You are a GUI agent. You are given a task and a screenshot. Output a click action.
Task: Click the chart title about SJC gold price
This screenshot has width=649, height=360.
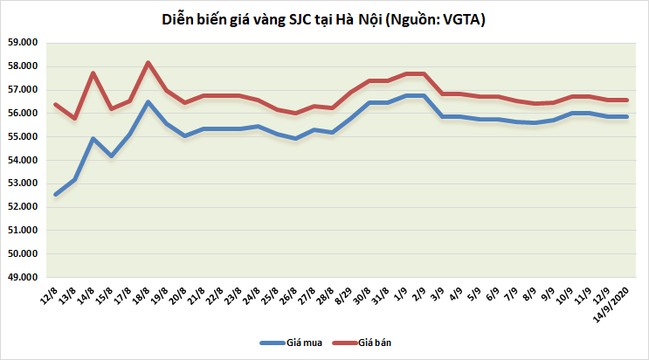pos(323,18)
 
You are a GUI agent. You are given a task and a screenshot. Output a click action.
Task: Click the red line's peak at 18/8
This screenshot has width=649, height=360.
pos(148,62)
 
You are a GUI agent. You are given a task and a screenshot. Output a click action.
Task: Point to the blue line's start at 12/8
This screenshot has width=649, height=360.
pos(56,194)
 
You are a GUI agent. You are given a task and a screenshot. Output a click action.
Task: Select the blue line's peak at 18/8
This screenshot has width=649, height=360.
pos(148,102)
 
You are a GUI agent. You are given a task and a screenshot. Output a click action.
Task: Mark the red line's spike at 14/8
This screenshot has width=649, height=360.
pos(93,73)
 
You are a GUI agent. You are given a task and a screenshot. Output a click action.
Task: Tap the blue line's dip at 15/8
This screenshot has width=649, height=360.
pos(111,156)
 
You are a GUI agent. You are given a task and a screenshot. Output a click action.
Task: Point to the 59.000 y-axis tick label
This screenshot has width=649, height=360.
pos(24,42)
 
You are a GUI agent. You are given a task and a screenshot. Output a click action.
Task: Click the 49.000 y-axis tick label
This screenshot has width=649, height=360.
pos(24,277)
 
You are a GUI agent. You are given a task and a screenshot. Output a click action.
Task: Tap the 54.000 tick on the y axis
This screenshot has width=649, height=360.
pos(24,160)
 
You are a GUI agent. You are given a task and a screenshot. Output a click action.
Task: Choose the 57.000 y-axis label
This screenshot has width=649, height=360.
pos(24,89)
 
